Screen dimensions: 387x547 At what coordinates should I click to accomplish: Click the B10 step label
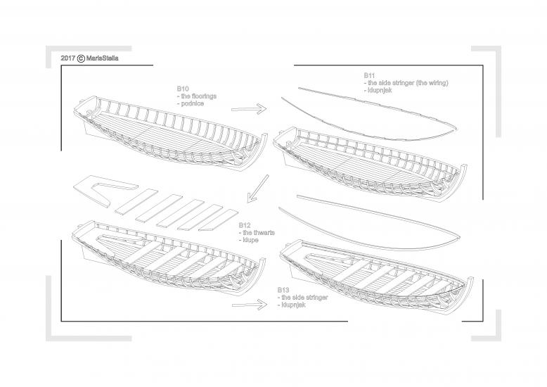(x=182, y=89)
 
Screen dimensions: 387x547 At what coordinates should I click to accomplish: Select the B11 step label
(x=370, y=75)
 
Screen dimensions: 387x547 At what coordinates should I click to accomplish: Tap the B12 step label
(x=245, y=225)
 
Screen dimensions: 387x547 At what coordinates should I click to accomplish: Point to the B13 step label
(x=283, y=290)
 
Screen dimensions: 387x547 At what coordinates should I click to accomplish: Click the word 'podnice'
(x=193, y=104)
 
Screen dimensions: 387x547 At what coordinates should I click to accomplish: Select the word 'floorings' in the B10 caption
(x=202, y=96)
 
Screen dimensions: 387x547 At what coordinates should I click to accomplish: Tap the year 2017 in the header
(x=68, y=58)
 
